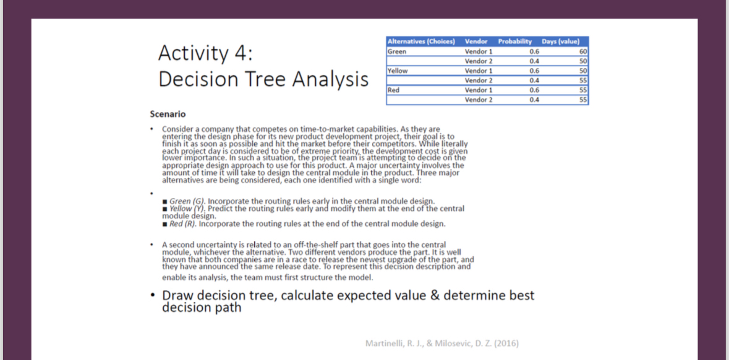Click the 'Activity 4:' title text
point(205,53)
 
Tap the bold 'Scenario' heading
point(168,114)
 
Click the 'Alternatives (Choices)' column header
point(421,41)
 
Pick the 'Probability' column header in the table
point(515,41)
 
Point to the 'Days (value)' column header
point(560,41)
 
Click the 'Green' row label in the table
point(397,51)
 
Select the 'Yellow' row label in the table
point(398,71)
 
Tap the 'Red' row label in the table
point(394,90)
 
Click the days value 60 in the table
point(582,51)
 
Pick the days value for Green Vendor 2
point(582,61)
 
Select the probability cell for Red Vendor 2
point(535,100)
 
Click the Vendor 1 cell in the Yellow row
point(479,71)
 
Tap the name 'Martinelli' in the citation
point(385,343)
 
